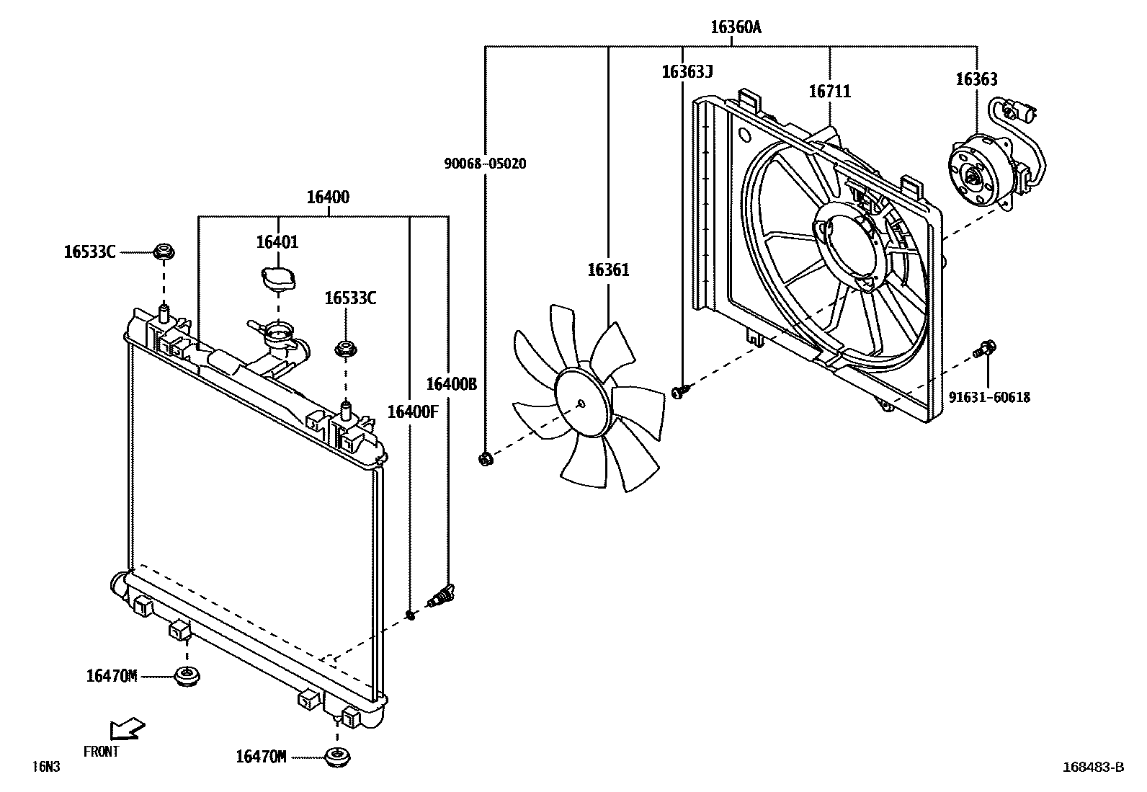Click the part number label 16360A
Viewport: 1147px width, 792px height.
pos(735,27)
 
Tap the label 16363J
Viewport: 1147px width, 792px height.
pos(687,71)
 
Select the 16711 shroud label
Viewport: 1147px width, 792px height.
pos(829,92)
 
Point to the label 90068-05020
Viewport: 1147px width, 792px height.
pos(484,164)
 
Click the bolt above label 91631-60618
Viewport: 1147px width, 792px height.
pos(984,350)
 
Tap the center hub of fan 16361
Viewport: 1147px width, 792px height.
pos(581,403)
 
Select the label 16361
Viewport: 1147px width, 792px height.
pos(608,270)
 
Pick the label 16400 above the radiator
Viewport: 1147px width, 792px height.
pos(328,197)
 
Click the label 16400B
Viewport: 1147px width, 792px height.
pos(451,384)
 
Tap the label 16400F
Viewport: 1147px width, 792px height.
pos(412,411)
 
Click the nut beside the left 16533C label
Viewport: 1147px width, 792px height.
pos(164,252)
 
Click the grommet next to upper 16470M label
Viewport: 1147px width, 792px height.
pos(187,676)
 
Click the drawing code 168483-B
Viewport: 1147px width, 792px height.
pos(1092,767)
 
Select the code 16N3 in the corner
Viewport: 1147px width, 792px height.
pos(45,767)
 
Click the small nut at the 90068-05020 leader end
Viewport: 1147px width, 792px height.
pos(486,458)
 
